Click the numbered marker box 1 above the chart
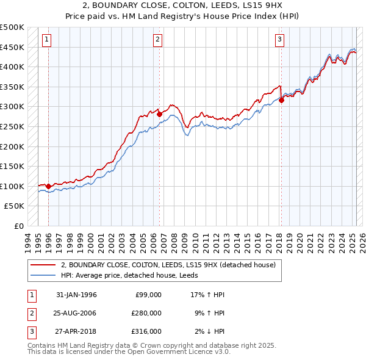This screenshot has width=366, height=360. (x=47, y=40)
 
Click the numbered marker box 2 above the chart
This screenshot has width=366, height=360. (x=157, y=40)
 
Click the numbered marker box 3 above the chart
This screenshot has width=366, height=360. (x=279, y=40)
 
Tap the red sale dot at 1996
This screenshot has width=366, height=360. (x=48, y=186)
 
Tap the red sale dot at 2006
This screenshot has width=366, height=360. (x=159, y=113)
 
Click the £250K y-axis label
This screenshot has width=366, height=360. (x=13, y=126)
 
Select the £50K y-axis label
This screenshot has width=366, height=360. (x=15, y=206)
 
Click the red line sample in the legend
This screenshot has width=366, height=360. (x=43, y=265)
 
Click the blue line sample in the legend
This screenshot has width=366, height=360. (x=43, y=275)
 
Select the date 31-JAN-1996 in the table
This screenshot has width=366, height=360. (x=76, y=295)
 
